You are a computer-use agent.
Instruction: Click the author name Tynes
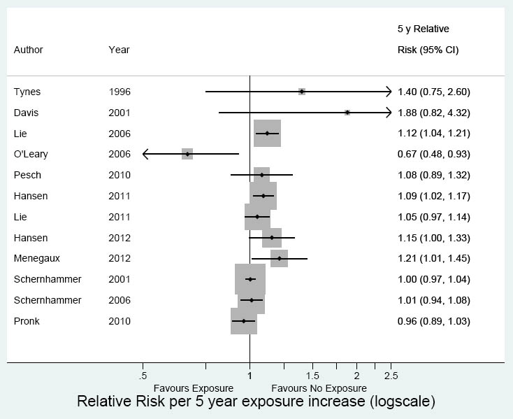point(27,92)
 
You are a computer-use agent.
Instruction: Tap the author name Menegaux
point(37,258)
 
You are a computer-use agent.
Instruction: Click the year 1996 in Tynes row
point(120,92)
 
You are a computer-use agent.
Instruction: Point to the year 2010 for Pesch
point(120,175)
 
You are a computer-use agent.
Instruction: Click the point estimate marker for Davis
point(347,113)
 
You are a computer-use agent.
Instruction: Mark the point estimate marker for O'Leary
point(187,154)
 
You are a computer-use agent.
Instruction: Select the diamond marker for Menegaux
point(280,258)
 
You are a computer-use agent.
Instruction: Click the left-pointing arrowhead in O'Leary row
point(145,154)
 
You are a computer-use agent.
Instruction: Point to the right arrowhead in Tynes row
point(388,92)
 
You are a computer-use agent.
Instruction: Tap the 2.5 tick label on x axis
point(391,376)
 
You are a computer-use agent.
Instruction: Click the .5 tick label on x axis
point(143,376)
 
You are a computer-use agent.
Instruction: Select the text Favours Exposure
point(194,388)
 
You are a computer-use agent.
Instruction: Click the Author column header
point(28,50)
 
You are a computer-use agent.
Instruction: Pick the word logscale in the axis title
point(401,402)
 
